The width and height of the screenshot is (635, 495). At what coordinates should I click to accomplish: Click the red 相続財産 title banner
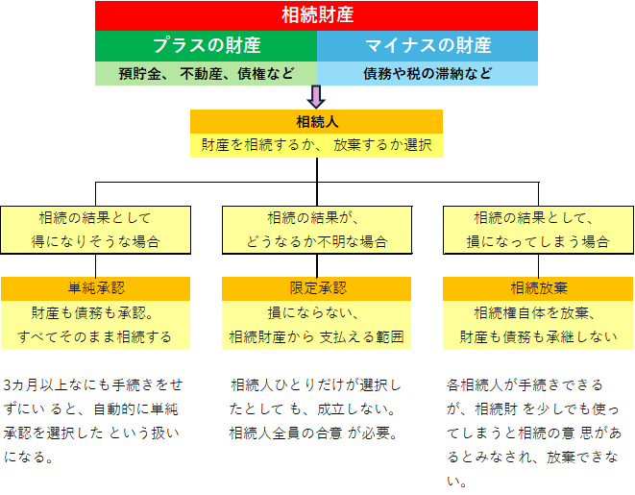[317, 14]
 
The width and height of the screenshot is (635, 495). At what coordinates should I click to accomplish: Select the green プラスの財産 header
[207, 45]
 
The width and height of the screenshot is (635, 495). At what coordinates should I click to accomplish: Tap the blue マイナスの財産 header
[428, 45]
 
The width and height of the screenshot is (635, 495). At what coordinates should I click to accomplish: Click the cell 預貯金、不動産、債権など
[207, 73]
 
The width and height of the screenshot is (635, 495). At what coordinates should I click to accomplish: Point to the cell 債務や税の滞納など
[428, 73]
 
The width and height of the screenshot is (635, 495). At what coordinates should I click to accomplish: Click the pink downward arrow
[317, 97]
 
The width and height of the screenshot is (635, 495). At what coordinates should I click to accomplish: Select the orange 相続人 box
[317, 121]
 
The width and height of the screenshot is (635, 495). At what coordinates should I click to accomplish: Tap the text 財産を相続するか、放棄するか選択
[317, 145]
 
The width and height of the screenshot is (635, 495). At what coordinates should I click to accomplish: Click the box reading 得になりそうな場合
[95, 241]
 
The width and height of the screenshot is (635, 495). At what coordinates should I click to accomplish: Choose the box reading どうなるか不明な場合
[317, 241]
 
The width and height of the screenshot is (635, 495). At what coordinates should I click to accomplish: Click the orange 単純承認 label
[95, 287]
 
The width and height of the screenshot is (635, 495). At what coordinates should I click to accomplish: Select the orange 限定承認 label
[317, 287]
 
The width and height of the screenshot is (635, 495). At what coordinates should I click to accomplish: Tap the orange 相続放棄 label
[539, 287]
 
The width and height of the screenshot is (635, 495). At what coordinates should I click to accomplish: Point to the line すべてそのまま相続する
[95, 336]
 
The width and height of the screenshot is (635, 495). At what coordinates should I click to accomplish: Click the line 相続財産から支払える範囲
[317, 336]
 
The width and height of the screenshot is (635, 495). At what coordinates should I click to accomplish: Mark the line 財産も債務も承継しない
[539, 336]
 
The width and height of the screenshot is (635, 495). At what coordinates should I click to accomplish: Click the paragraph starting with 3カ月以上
[93, 420]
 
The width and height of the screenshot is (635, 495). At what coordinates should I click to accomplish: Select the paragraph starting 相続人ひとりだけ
[315, 408]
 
